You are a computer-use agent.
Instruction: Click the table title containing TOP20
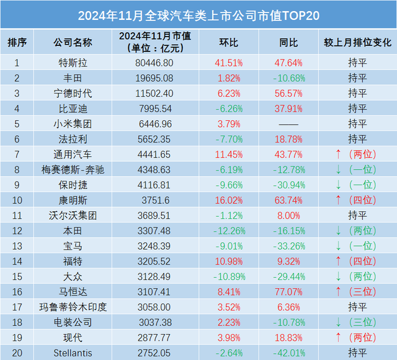(x=198, y=14)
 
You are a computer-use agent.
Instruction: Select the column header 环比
(x=228, y=42)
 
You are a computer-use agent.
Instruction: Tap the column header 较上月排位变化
(x=357, y=42)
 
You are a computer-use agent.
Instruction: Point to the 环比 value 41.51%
(x=228, y=63)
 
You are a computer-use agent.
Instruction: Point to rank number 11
(x=17, y=214)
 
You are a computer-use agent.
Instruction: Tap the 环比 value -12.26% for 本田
(x=228, y=230)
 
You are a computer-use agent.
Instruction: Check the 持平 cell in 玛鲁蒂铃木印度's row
(x=357, y=306)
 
